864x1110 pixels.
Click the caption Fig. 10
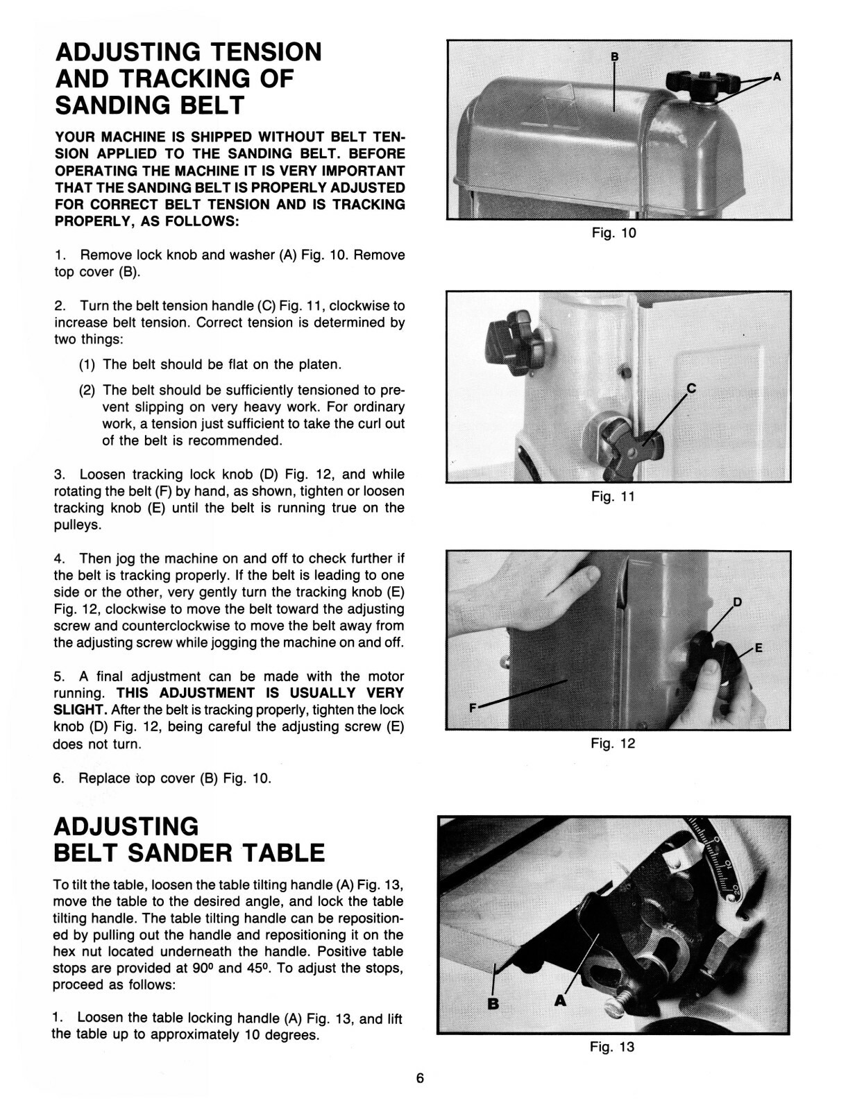(x=613, y=233)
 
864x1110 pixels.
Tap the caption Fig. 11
(x=613, y=497)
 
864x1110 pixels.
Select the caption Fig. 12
(x=613, y=744)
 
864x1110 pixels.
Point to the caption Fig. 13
(x=612, y=1047)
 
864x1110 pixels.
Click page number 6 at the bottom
(x=420, y=1079)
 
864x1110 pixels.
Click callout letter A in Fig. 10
(x=777, y=77)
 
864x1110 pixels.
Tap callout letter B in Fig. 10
(x=613, y=56)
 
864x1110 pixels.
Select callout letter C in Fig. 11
(x=691, y=388)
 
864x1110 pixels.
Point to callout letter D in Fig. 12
(x=738, y=601)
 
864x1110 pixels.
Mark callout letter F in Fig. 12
(x=473, y=708)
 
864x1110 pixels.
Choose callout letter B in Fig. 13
(x=493, y=1003)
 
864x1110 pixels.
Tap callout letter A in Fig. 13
(x=560, y=1000)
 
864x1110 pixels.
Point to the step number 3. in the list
(x=60, y=475)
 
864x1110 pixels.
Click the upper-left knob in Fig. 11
(x=514, y=345)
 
